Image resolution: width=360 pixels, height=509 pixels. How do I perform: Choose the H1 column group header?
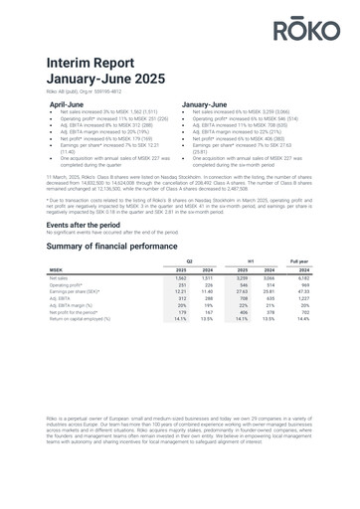click(277, 259)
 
